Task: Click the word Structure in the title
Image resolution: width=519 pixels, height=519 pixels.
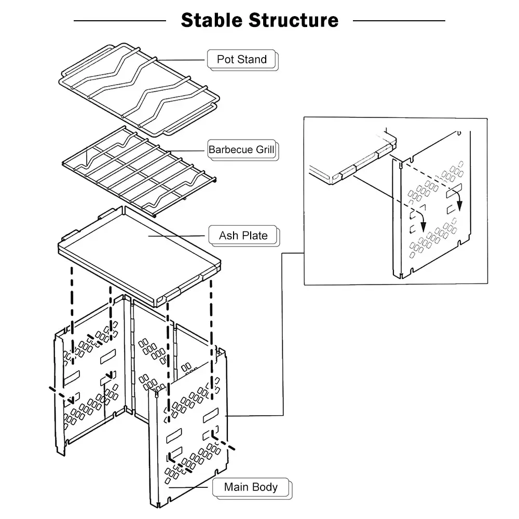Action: [293, 20]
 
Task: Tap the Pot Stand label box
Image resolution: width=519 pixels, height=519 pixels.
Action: [242, 59]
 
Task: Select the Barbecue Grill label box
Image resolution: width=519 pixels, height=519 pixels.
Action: [241, 150]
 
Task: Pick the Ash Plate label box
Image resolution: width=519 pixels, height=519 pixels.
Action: [243, 235]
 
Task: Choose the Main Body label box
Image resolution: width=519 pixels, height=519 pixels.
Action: [251, 487]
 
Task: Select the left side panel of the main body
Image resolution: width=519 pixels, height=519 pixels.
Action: [88, 384]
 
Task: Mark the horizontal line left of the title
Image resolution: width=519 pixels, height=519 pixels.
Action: [119, 21]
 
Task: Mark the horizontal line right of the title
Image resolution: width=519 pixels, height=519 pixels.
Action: [399, 21]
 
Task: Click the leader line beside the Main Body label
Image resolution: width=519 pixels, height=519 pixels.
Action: [189, 487]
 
